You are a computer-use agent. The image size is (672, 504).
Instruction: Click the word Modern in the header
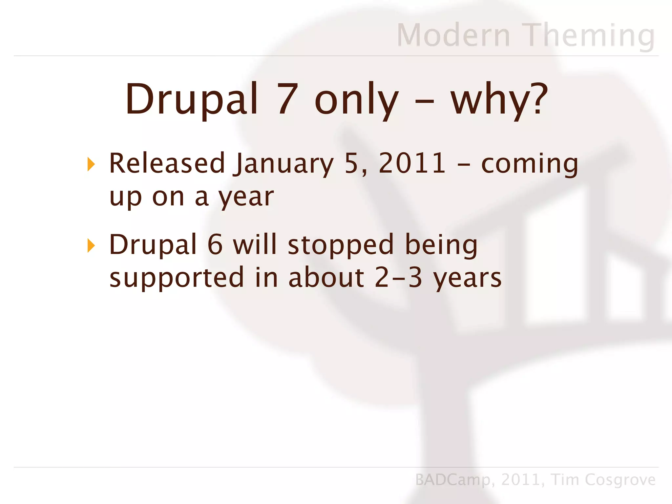tap(453, 35)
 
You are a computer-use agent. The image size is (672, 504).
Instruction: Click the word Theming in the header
tap(590, 35)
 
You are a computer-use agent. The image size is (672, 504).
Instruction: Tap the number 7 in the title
tap(288, 99)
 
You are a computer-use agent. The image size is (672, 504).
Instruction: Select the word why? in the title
tap(499, 99)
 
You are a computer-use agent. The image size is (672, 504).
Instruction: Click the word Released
tap(167, 163)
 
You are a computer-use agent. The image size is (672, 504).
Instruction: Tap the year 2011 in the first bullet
tap(412, 163)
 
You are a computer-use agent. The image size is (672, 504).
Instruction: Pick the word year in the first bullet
tap(246, 197)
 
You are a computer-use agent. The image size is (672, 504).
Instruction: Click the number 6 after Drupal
tap(215, 244)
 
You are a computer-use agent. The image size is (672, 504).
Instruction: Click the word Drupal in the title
tap(192, 99)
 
